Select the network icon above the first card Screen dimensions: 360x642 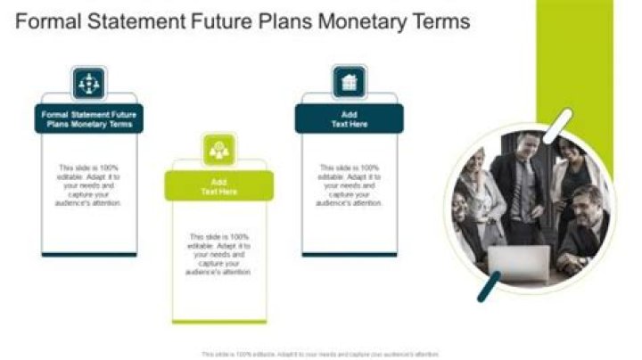88,83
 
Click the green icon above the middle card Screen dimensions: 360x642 218,151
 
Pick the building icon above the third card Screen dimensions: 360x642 349,83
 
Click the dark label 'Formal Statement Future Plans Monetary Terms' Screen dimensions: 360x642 88,119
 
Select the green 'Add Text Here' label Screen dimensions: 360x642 218,186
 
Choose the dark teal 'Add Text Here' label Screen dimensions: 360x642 349,119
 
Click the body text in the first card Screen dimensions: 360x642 88,185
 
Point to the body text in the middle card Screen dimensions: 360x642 218,253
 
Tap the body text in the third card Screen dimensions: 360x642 349,185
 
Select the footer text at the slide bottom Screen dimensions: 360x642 321,354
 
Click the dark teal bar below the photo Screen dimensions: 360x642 488,287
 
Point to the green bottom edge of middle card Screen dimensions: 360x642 218,321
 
